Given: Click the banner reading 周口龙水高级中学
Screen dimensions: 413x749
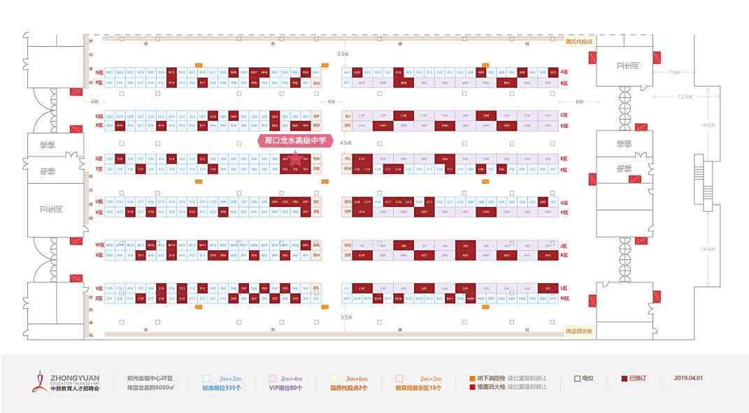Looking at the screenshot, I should click(295, 140).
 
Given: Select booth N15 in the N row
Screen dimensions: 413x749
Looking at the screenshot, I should click(161, 72).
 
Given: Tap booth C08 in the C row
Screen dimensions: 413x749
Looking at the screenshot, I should click(403, 115).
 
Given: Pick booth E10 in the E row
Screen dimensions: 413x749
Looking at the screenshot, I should click(362, 159).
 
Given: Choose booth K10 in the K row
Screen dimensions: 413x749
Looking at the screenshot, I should click(362, 256).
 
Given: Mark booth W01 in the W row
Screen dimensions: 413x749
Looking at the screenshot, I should click(306, 245).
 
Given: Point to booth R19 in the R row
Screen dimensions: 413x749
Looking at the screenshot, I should click(120, 126).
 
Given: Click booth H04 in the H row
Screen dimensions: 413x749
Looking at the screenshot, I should click(486, 212).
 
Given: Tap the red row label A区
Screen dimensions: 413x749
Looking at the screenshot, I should click(564, 72).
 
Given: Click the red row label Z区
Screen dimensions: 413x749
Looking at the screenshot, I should click(99, 298).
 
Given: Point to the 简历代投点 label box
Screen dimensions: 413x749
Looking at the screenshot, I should click(578, 41).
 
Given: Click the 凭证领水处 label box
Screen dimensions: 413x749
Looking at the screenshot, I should click(578, 331).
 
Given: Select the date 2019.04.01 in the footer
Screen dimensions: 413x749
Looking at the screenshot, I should click(690, 378).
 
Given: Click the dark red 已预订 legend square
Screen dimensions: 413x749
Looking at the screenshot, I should click(624, 378).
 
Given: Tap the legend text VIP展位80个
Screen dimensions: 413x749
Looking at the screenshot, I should click(285, 387).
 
